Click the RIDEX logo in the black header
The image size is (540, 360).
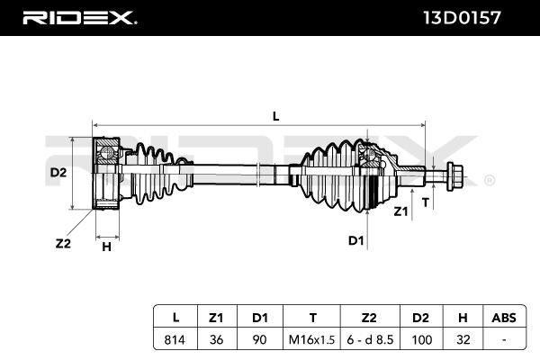tap(79, 18)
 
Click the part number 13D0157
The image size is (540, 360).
tap(462, 18)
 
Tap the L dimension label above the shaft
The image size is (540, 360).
tap(276, 116)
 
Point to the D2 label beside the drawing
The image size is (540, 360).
tap(58, 172)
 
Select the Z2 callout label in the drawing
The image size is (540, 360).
tap(63, 244)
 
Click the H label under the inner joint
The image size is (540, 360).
tap(107, 247)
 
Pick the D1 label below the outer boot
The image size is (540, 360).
tap(355, 240)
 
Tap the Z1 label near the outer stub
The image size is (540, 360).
tap(400, 211)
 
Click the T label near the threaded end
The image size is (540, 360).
tap(426, 202)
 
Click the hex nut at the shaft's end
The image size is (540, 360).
tap(454, 176)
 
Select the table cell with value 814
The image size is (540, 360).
tap(175, 339)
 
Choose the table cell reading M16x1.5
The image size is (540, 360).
tap(311, 339)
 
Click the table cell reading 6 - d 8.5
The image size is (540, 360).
tap(370, 339)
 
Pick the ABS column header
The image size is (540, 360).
tap(504, 318)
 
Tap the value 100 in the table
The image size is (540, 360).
tap(421, 339)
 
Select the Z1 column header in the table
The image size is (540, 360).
tap(216, 318)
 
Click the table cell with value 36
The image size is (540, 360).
tap(216, 339)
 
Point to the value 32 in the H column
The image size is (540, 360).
tap(463, 339)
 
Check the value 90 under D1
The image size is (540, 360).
tap(259, 339)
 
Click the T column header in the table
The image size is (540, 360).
tap(312, 318)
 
